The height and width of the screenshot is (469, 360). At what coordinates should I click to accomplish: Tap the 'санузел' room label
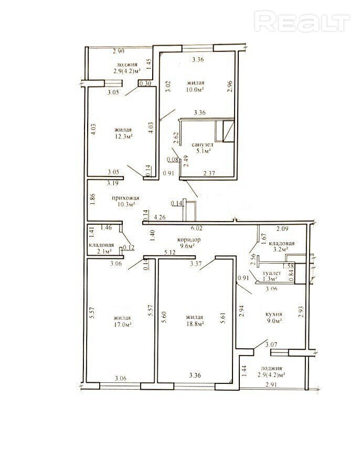203,145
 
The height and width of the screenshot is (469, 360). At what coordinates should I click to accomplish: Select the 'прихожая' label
125,198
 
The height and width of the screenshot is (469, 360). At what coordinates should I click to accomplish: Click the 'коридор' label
189,239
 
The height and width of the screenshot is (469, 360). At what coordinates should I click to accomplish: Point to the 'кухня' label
274,315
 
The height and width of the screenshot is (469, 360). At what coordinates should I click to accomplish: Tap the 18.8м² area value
195,324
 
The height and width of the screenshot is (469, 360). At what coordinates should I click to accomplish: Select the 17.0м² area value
123,324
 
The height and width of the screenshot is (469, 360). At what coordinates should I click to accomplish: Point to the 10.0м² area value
195,89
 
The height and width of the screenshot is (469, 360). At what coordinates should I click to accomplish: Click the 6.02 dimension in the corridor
196,228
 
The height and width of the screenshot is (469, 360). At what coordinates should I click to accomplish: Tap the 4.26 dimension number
160,218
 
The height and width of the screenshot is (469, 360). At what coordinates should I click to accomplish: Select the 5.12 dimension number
170,253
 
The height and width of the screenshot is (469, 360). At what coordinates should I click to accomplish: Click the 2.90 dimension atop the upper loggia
118,51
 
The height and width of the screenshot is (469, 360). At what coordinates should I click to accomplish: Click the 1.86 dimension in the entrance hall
92,199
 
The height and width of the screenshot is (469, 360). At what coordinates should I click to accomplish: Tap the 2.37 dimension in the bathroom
210,173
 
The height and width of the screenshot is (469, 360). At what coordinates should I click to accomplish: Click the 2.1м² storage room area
104,251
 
